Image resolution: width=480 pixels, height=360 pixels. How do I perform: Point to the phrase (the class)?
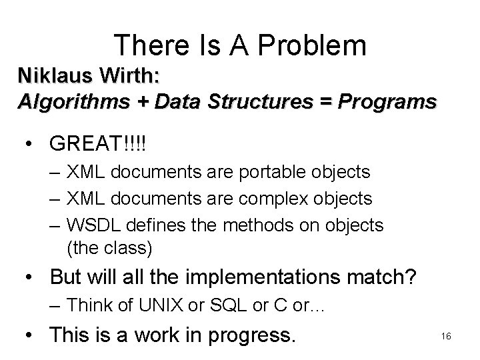coord(110,249)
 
